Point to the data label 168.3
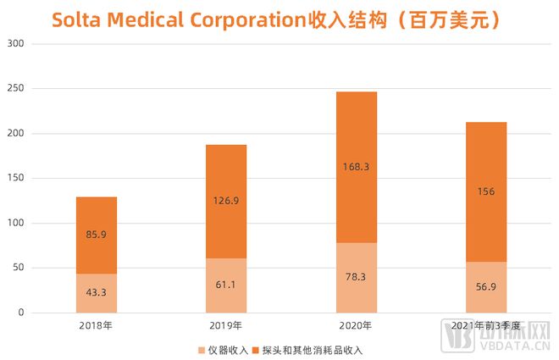[356, 168]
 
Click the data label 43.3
[96, 293]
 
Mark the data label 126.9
[226, 202]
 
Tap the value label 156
[486, 191]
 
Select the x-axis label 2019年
[226, 326]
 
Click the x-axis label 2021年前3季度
[486, 326]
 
